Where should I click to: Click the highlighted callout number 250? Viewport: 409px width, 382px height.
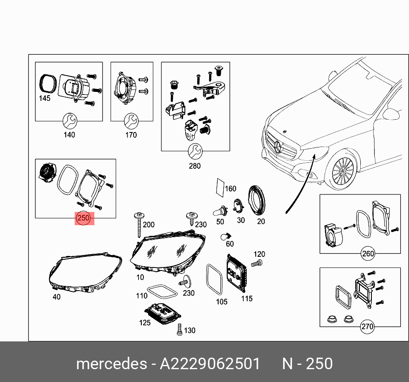pos(84,218)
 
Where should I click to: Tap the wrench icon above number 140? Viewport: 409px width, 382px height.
pos(69,121)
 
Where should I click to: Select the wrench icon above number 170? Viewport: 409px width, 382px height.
pos(131,121)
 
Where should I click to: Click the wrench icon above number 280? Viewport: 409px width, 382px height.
pos(195,151)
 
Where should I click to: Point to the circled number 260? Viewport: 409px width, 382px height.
pos(368,253)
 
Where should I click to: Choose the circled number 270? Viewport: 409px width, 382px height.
pos(367,327)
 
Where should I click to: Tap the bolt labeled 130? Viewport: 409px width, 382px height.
pos(179,329)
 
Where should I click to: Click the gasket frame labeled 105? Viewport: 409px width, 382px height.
pos(214,279)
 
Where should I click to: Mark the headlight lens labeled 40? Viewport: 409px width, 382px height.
pos(84,273)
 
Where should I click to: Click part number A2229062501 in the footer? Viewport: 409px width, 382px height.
pos(210,364)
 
